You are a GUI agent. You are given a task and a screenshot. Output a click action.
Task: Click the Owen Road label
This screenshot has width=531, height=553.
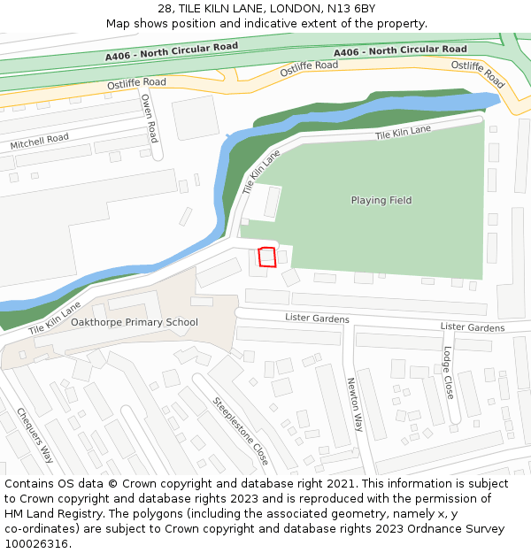(149, 119)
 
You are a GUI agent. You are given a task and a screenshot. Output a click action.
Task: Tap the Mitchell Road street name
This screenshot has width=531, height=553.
(39, 140)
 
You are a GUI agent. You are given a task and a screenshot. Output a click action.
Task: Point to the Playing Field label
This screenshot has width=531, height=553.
(381, 200)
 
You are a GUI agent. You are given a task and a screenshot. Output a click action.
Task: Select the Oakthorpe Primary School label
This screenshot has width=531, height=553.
(135, 322)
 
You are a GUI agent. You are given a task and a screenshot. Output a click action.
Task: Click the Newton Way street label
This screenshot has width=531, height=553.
(354, 403)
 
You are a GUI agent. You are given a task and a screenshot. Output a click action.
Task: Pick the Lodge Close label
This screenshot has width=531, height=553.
(449, 372)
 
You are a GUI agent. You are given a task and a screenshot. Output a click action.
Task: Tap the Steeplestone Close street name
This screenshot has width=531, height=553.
(240, 430)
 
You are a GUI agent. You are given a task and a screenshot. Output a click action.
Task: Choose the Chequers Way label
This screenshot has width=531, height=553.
(35, 434)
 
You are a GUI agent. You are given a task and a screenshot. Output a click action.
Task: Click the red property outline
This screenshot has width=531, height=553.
(267, 257)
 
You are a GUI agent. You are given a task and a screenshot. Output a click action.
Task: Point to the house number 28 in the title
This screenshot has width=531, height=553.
(165, 9)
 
